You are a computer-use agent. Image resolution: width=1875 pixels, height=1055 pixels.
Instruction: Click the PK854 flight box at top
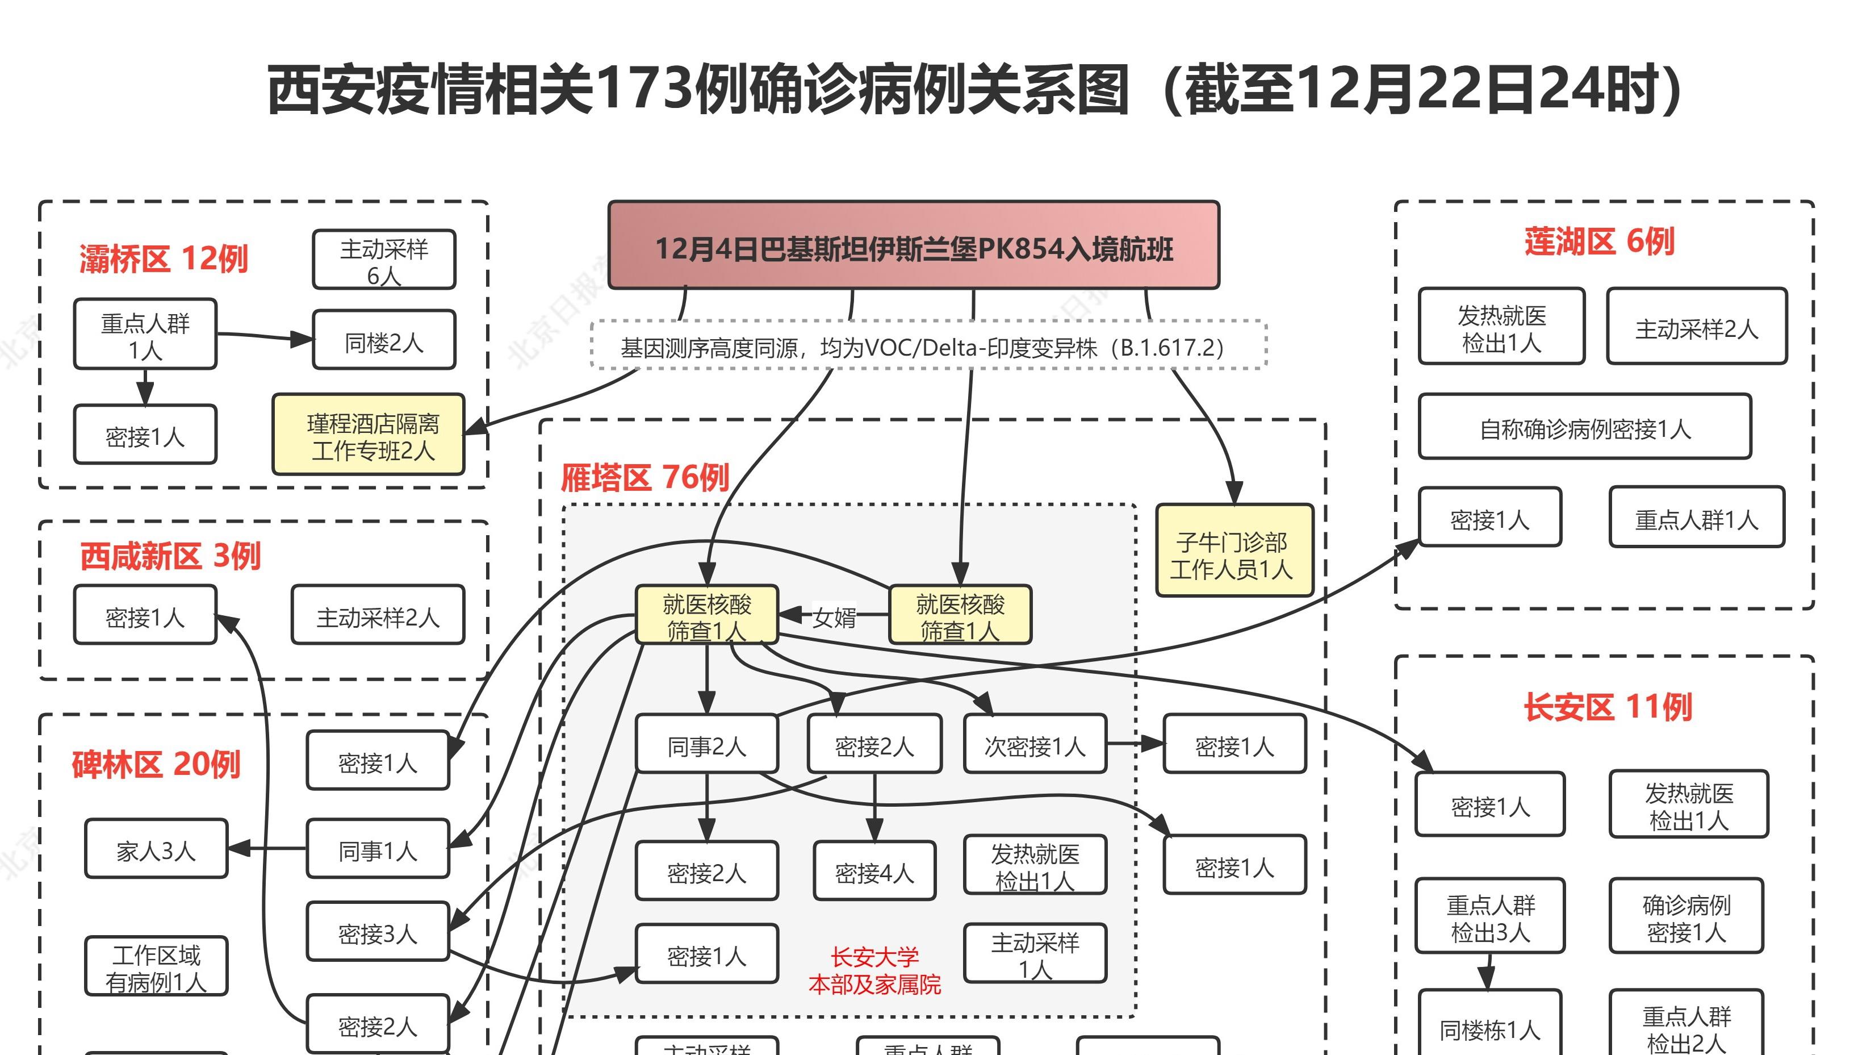(x=914, y=246)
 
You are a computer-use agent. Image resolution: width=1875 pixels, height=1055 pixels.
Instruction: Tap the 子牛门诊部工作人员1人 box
(x=1234, y=551)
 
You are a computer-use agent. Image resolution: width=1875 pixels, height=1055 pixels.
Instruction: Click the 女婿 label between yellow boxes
(x=834, y=616)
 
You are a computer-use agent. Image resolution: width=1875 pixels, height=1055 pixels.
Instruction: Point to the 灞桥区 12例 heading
(x=164, y=259)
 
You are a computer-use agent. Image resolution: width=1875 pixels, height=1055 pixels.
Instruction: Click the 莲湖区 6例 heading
(x=1599, y=241)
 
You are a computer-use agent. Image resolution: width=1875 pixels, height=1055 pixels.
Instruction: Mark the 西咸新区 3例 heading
(x=170, y=556)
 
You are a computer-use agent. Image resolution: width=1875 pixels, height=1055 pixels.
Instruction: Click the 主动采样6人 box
(x=384, y=261)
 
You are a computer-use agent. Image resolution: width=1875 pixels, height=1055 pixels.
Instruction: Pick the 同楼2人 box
(x=384, y=340)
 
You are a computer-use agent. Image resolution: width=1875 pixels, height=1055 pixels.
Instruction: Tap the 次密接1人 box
(x=1034, y=744)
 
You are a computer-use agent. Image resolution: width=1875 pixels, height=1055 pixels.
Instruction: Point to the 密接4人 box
(x=874, y=871)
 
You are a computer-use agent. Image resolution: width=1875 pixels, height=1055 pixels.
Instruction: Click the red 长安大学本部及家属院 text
(x=874, y=970)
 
